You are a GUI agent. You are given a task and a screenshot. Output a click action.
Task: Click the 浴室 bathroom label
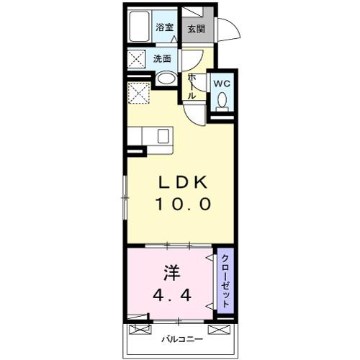tap(165, 28)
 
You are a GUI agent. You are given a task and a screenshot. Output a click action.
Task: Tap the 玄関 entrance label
tap(196, 29)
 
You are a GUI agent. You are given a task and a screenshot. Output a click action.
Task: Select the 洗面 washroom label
tap(163, 58)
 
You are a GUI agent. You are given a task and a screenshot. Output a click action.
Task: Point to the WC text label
tap(222, 83)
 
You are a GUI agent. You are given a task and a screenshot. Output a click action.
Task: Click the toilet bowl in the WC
tap(222, 101)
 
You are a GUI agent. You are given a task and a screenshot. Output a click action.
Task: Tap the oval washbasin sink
tap(166, 78)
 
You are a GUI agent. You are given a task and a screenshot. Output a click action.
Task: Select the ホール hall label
tap(192, 85)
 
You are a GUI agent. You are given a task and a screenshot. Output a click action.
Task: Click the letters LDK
tap(182, 183)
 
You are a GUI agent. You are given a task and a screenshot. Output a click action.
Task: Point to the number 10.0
tap(182, 204)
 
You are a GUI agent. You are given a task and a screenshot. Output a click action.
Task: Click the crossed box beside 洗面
tap(136, 58)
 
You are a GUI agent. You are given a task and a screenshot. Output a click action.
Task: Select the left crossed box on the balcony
tap(138, 332)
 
